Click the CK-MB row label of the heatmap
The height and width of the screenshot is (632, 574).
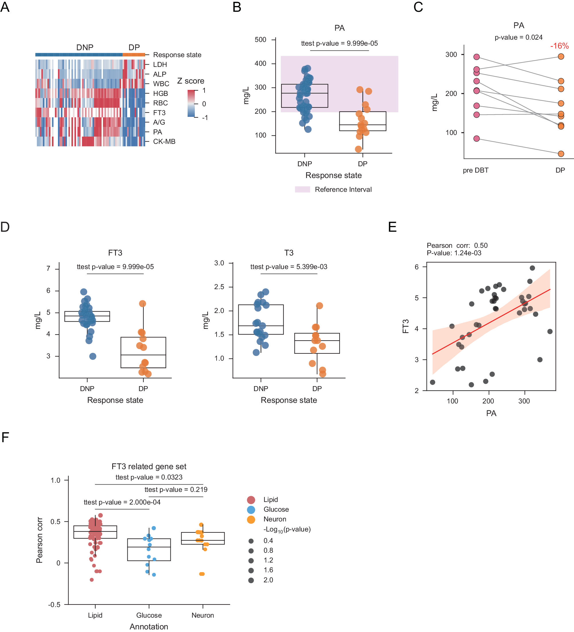click(164, 141)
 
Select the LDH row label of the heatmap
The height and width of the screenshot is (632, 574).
click(160, 65)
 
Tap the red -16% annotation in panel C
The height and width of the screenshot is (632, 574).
click(559, 46)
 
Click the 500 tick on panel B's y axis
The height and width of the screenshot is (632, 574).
click(260, 40)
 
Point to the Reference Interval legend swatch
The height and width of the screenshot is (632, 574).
click(302, 189)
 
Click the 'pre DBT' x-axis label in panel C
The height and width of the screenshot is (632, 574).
click(475, 170)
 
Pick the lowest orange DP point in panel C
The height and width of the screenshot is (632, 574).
click(561, 154)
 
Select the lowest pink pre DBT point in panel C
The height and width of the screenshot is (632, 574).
click(476, 139)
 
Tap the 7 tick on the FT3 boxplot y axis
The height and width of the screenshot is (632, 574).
click(48, 268)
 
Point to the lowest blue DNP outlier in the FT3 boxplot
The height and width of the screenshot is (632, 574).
click(93, 356)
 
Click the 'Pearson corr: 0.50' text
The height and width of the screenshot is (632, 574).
click(457, 246)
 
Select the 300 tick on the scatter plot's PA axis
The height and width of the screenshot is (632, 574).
click(524, 401)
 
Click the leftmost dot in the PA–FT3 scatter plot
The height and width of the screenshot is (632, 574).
click(433, 382)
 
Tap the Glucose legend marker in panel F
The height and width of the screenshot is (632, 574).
click(251, 509)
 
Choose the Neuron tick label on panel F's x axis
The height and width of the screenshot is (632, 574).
click(203, 615)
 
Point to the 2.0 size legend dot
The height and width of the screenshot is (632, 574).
click(251, 580)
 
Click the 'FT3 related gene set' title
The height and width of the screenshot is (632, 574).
click(149, 467)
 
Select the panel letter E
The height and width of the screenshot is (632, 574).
click(392, 227)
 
